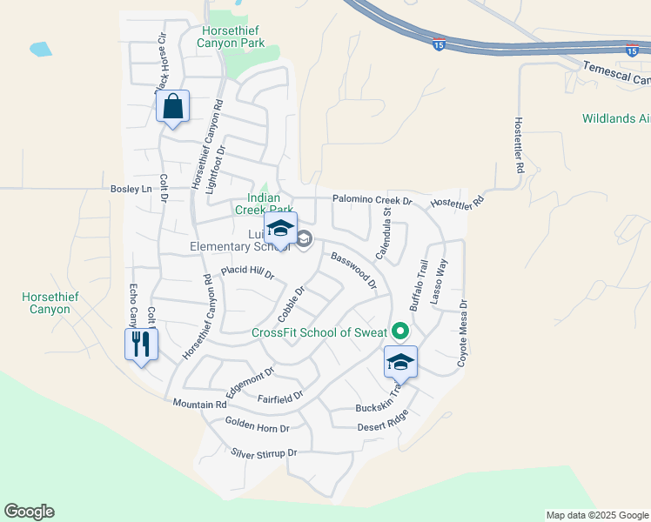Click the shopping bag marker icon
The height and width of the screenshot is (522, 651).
pos(173,107)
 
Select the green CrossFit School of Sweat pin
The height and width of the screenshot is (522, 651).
pos(400,331)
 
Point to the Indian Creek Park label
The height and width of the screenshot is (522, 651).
pos(264,204)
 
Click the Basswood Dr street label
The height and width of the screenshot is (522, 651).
pos(353,271)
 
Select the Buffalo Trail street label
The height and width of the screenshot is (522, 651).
pos(419,285)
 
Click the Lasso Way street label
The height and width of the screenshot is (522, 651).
pos(440,279)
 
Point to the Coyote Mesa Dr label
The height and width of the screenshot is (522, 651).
pos(463,337)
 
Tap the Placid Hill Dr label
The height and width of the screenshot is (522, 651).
pos(247,273)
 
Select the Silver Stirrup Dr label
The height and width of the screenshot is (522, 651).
pos(264,453)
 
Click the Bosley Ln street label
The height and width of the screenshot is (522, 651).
pos(131,188)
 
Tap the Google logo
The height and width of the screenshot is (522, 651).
pos(29,512)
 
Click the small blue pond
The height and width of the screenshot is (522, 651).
pos(40,49)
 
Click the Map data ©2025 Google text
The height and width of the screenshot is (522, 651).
pos(596,515)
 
